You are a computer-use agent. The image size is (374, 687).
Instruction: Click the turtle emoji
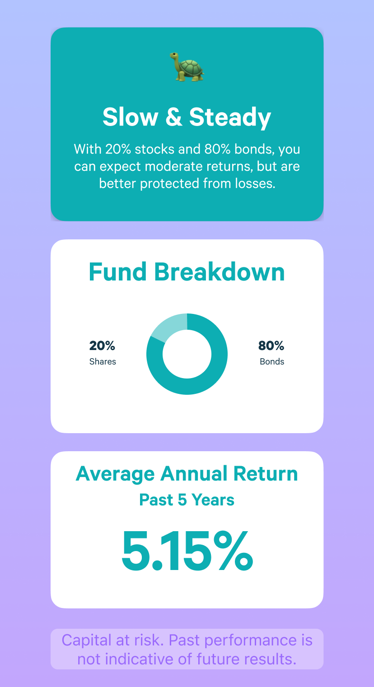(x=187, y=66)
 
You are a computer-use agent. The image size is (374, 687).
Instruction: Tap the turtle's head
(x=174, y=55)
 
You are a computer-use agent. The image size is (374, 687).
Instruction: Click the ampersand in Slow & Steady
(x=173, y=117)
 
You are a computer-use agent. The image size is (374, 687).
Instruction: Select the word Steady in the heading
(x=230, y=118)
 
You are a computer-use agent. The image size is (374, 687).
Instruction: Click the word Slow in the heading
(x=131, y=117)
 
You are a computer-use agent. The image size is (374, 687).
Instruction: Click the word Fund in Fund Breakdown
(x=117, y=272)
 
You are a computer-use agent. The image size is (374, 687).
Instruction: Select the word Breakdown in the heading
(x=220, y=272)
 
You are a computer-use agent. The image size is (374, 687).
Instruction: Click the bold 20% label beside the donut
(x=102, y=346)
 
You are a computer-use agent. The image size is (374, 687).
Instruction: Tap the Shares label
(x=103, y=362)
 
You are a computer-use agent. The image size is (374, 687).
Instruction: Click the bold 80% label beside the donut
(x=271, y=346)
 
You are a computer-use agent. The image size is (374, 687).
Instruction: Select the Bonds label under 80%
(x=272, y=362)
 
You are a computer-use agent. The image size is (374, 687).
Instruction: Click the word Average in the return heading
(x=115, y=474)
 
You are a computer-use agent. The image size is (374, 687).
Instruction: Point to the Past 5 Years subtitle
(x=187, y=500)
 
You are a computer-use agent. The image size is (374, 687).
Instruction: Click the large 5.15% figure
(x=187, y=551)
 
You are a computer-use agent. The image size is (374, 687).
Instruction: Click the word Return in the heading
(x=266, y=473)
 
